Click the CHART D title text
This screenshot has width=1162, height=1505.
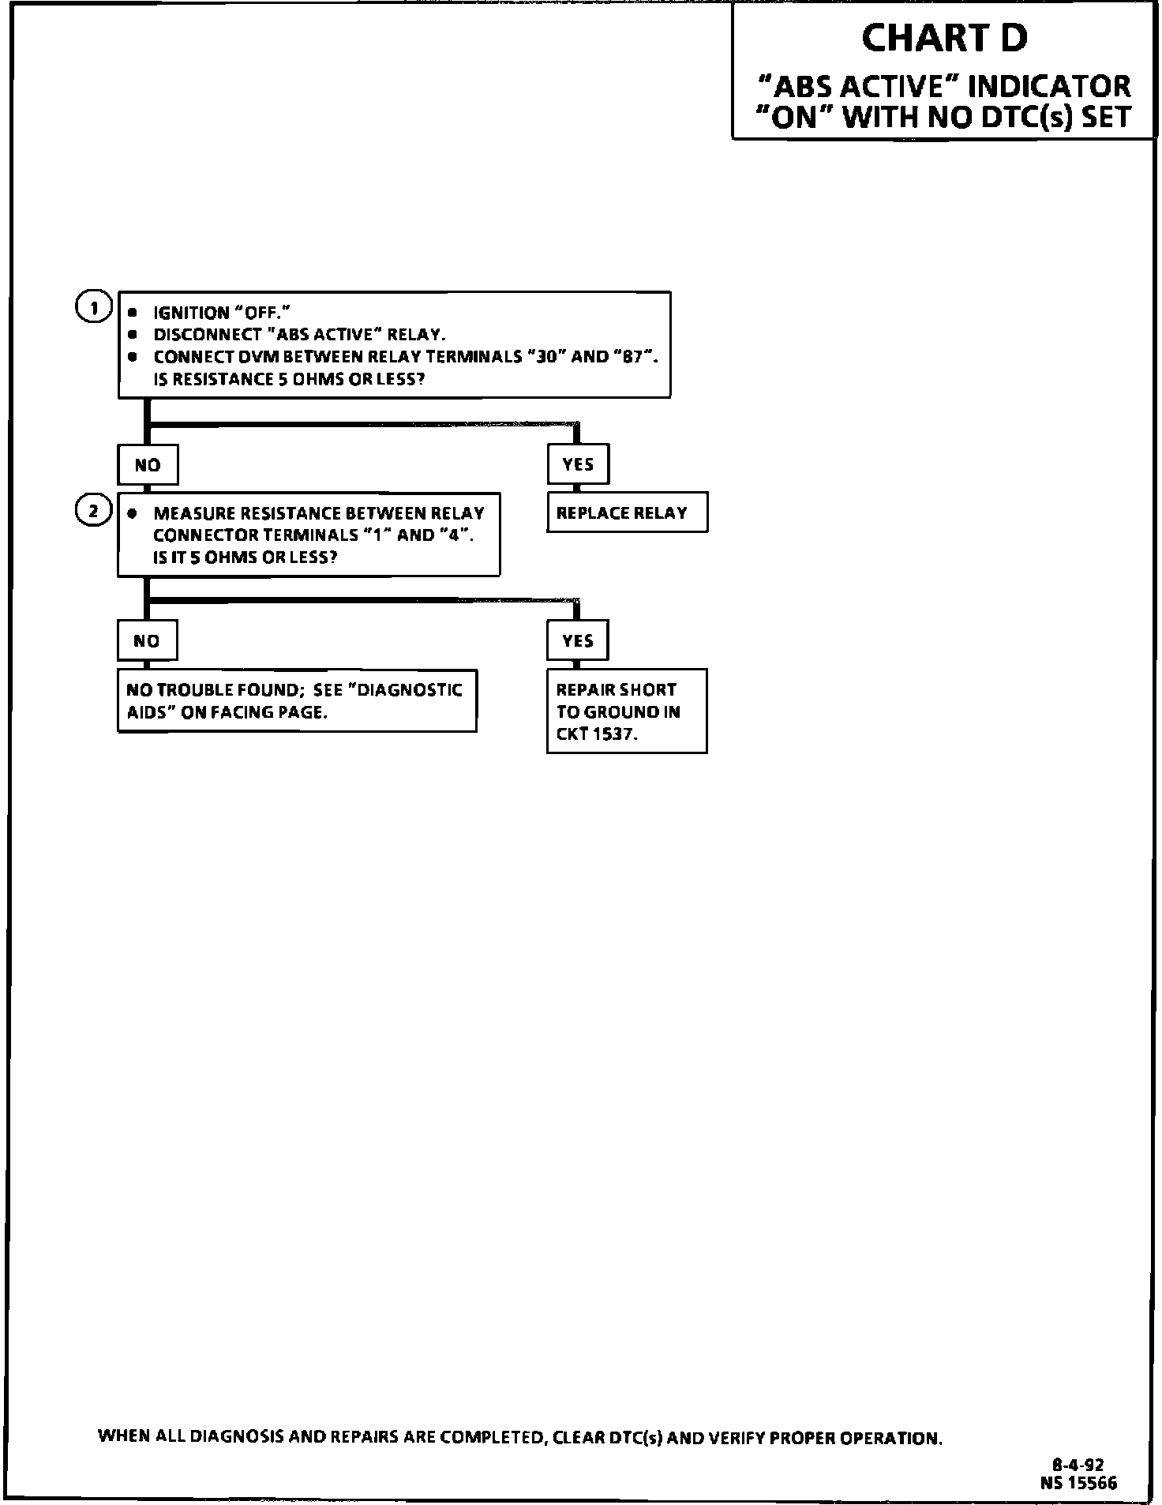tap(944, 38)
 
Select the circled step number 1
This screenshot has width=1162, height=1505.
tap(93, 308)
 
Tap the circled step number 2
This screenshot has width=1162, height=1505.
tap(93, 511)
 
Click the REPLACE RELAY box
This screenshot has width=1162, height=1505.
tap(627, 513)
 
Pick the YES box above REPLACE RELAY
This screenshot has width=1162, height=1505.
tap(578, 464)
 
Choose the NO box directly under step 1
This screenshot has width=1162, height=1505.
tap(148, 465)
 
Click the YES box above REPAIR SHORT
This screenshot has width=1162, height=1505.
tap(578, 640)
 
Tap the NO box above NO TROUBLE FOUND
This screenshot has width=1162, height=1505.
tap(147, 641)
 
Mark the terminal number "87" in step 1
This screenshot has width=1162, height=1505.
tap(632, 357)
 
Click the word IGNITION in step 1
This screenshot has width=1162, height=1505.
tap(191, 313)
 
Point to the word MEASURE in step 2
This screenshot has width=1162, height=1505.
tap(188, 513)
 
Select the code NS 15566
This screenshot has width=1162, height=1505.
tap(1078, 1483)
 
